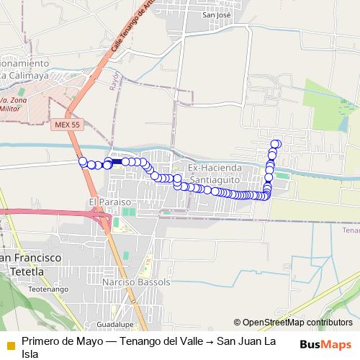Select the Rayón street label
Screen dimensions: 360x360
click(x=114, y=78)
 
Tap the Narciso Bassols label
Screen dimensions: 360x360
click(x=137, y=282)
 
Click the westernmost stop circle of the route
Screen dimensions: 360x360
click(x=83, y=161)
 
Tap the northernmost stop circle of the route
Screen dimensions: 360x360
click(x=275, y=144)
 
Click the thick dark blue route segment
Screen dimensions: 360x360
click(x=117, y=162)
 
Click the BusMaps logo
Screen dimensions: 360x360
click(x=325, y=345)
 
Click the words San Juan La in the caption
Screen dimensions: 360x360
click(x=245, y=341)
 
